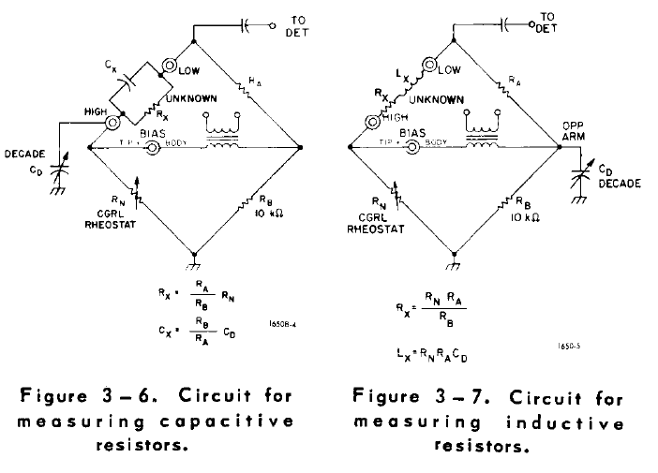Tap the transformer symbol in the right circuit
tap(482, 132)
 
